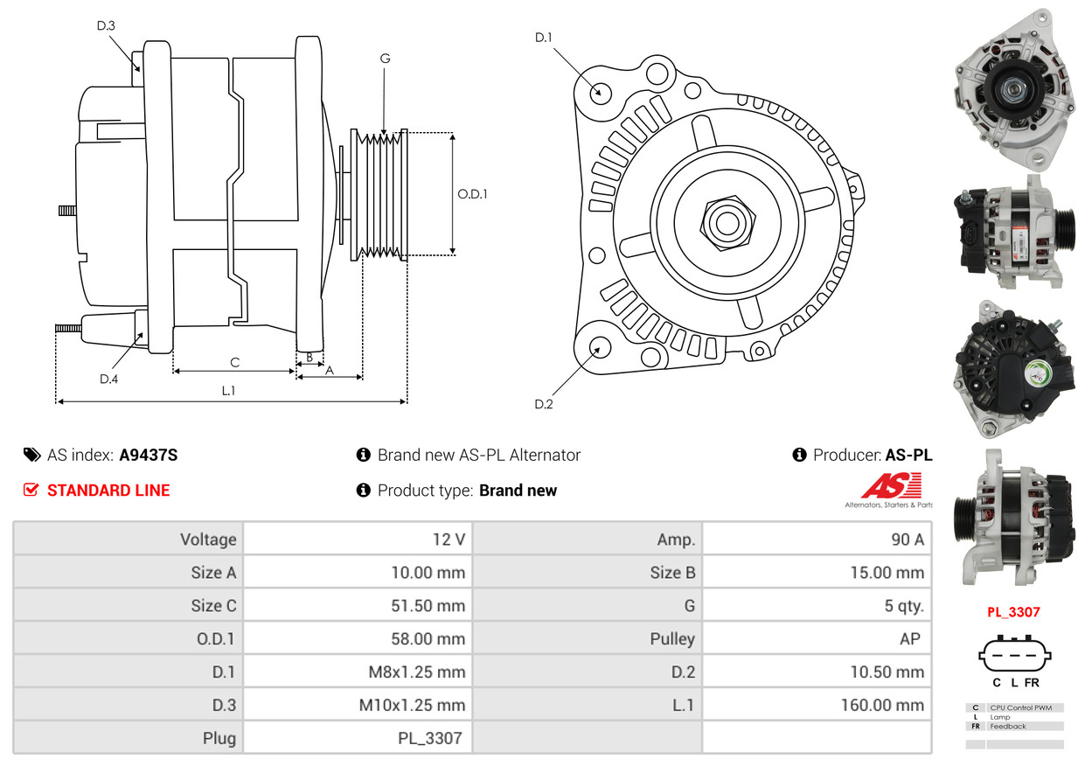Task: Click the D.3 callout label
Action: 106,25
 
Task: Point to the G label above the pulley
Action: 385,59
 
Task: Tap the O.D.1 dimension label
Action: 472,194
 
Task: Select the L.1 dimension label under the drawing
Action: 228,391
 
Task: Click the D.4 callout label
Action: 108,379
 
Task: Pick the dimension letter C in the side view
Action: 234,362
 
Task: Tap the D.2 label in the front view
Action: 544,404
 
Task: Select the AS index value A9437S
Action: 149,455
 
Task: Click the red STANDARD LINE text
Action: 108,491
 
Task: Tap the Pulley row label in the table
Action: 672,639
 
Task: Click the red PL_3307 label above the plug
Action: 1013,612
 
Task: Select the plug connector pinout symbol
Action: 1014,655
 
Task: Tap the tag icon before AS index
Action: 31,455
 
